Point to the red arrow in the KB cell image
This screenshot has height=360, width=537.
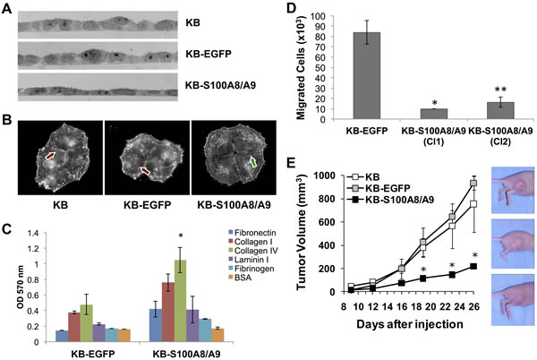pyautogui.click(x=50, y=156)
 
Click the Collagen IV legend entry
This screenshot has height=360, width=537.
pyautogui.click(x=253, y=251)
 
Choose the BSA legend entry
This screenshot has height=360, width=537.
pyautogui.click(x=240, y=278)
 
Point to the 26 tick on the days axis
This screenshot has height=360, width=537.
pyautogui.click(x=473, y=306)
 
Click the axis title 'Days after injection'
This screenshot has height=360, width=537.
pyautogui.click(x=410, y=323)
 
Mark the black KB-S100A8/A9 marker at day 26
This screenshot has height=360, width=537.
pyautogui.click(x=473, y=266)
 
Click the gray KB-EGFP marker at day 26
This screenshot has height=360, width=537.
pyautogui.click(x=473, y=183)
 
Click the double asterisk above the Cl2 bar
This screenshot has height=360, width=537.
pyautogui.click(x=500, y=90)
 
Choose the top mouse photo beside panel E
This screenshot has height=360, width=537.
pyautogui.click(x=513, y=190)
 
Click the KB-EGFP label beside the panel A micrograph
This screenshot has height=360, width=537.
pyautogui.click(x=209, y=54)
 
